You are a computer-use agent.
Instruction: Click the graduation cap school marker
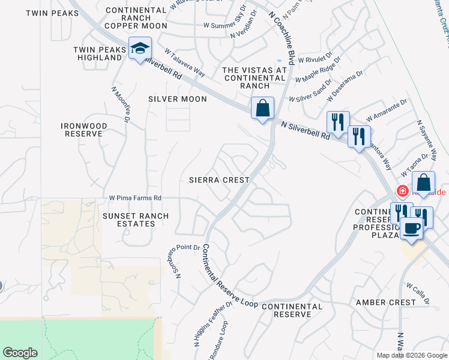140,49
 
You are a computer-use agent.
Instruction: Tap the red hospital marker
402,191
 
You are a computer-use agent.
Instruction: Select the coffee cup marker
412,229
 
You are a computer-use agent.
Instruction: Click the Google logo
20,353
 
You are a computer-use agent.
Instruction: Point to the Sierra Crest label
218,180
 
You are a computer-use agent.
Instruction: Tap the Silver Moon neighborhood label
178,99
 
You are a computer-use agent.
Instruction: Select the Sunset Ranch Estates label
128,220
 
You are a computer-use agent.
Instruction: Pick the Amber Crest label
385,302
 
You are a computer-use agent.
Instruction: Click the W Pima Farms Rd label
135,198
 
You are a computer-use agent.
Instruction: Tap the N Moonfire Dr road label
121,106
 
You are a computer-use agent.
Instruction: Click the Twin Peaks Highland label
98,53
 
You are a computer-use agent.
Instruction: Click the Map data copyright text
411,355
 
